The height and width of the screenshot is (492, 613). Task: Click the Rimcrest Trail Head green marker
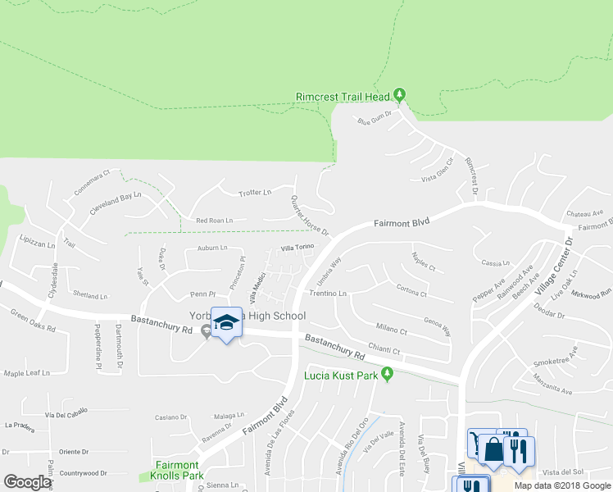[399, 95]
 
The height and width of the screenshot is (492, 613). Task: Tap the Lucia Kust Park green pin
[389, 376]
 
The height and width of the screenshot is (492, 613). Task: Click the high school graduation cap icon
[225, 323]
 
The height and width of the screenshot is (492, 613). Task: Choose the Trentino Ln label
[328, 293]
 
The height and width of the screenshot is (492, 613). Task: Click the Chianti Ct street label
[384, 351]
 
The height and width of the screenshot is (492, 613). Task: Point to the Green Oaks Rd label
[33, 321]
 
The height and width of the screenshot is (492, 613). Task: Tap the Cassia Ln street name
[497, 263]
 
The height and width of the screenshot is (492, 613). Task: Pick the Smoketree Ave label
[556, 354]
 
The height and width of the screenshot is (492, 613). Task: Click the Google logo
[27, 481]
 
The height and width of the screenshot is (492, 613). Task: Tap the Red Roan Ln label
[214, 221]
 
